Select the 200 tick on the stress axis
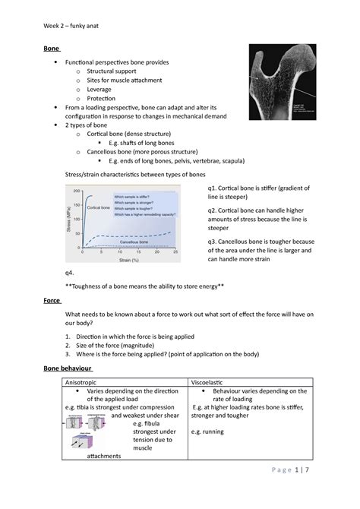pyautogui.click(x=76, y=191)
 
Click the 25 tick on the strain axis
pyautogui.click(x=176, y=253)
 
